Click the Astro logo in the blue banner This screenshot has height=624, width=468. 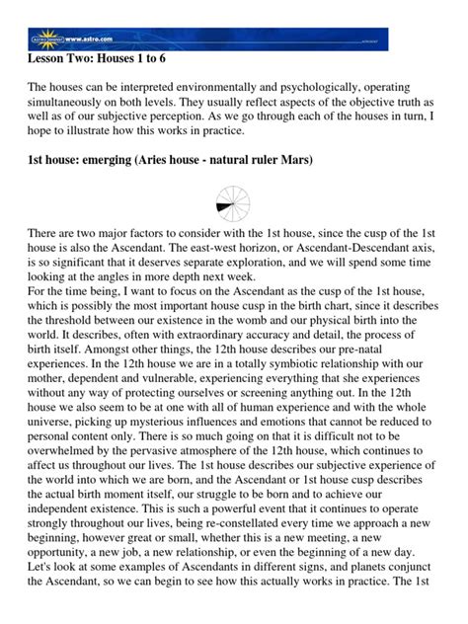coord(43,39)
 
